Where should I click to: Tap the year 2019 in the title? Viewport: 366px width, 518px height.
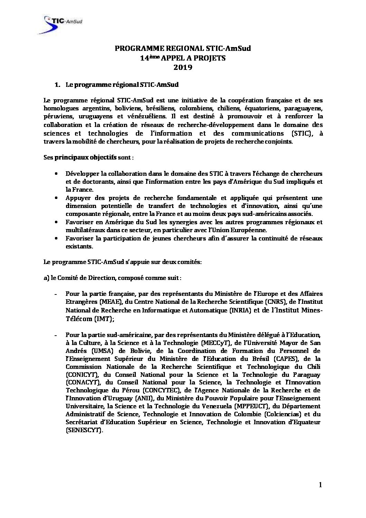182,67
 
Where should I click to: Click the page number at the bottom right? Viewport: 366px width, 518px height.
320,485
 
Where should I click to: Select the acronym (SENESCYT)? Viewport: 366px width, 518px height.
84,430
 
